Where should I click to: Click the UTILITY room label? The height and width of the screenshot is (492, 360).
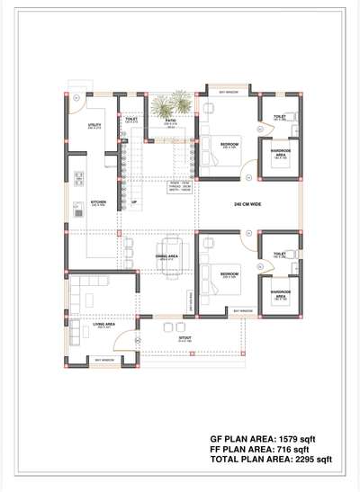pos(94,124)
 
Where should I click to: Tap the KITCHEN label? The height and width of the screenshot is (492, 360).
pos(98,202)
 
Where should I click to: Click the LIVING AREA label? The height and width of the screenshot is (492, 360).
pos(103,326)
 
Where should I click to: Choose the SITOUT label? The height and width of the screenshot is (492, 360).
pos(184,340)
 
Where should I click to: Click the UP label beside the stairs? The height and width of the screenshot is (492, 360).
pos(134,202)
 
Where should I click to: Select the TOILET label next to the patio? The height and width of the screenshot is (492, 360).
pos(131,119)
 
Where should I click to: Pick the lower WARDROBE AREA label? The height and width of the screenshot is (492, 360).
pos(280,292)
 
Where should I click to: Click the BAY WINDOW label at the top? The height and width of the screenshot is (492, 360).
pos(229,91)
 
